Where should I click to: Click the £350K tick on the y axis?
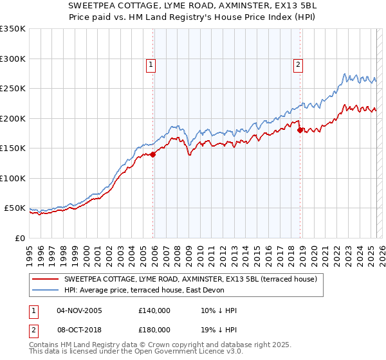coord(13,29)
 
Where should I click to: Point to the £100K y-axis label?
coord(13,178)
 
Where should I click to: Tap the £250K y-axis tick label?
coord(13,89)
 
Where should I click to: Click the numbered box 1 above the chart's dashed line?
coord(151,64)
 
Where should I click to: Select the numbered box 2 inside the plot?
coord(299,64)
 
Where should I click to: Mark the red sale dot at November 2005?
coord(153,154)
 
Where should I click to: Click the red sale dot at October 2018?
coord(300,130)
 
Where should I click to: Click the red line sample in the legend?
coord(45,280)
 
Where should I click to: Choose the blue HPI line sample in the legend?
coord(45,290)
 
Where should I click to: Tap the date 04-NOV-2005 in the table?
coord(79,310)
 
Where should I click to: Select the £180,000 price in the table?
coord(154,331)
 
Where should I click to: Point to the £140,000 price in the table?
coord(154,310)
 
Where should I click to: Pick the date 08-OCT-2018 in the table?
coord(79,331)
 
